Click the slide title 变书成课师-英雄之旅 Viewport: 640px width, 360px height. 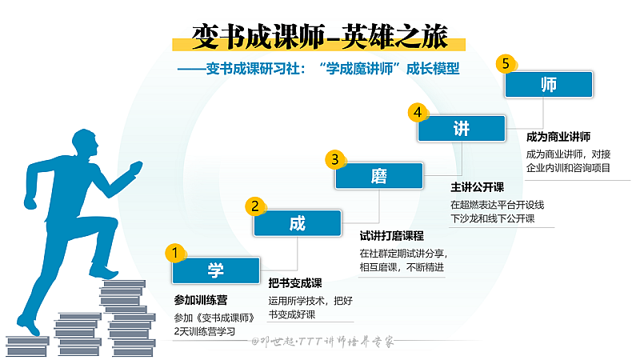[319, 36]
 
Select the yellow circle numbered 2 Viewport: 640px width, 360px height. [254, 206]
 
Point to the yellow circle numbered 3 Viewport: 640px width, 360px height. [336, 159]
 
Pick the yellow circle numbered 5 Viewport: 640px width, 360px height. [503, 63]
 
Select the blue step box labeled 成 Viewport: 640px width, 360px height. [297, 224]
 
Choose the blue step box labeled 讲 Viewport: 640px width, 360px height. [462, 129]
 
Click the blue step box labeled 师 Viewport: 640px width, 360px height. [548, 84]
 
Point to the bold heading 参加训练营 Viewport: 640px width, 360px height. [201, 300]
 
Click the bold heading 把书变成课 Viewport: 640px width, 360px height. [295, 283]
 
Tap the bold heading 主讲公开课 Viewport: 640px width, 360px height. [477, 187]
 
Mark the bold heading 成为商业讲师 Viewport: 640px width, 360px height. [563, 136]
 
